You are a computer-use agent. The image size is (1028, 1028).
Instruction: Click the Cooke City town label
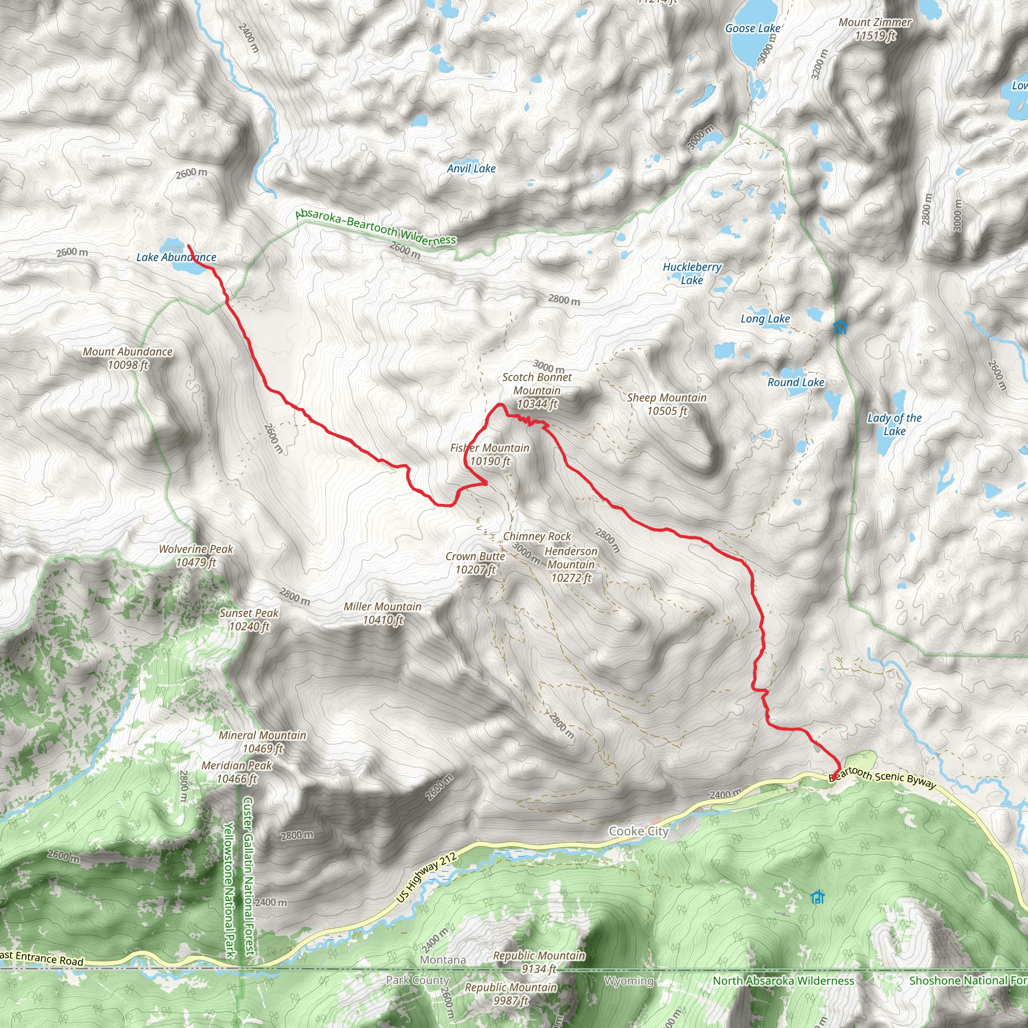pyautogui.click(x=638, y=831)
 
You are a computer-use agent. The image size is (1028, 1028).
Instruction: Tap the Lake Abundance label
pyautogui.click(x=176, y=258)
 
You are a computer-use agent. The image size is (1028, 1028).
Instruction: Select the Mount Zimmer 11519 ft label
pyautogui.click(x=875, y=29)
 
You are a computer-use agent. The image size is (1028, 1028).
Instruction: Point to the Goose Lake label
pyautogui.click(x=752, y=28)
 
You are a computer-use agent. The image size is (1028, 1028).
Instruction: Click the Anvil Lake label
pyautogui.click(x=471, y=169)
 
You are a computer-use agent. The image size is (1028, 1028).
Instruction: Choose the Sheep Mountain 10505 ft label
pyautogui.click(x=667, y=404)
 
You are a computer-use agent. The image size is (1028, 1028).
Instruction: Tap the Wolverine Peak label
pyautogui.click(x=196, y=556)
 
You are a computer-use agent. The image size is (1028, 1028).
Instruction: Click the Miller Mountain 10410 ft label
pyautogui.click(x=382, y=613)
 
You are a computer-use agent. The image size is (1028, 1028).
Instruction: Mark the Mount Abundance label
pyautogui.click(x=127, y=358)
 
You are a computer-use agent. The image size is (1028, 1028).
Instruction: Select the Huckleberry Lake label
pyautogui.click(x=692, y=274)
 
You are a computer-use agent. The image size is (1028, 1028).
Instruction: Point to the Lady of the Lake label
pyautogui.click(x=894, y=424)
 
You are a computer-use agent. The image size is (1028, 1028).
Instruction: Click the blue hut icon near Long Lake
pyautogui.click(x=840, y=327)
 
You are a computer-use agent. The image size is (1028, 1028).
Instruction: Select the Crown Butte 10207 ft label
pyautogui.click(x=475, y=562)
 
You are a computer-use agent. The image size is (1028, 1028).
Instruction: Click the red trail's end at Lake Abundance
pyautogui.click(x=188, y=246)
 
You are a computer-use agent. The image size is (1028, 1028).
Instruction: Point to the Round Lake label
pyautogui.click(x=796, y=382)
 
